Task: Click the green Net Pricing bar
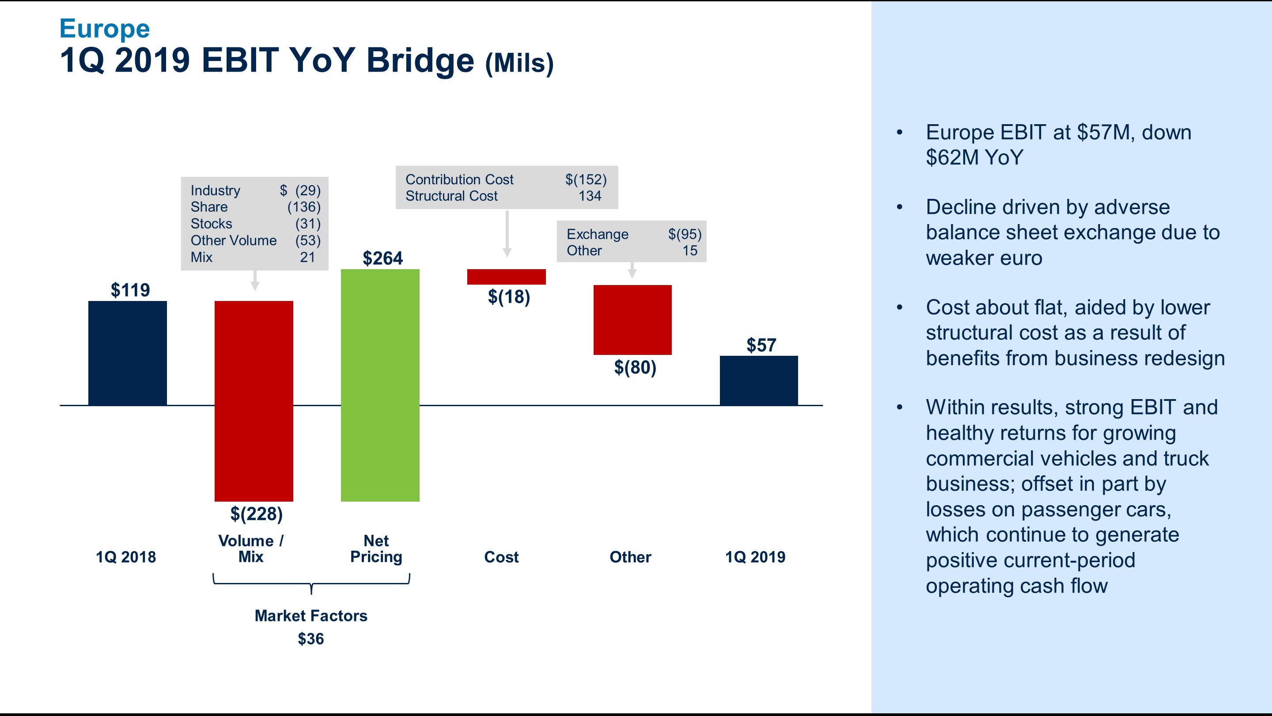pos(380,385)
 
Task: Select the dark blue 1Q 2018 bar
pos(127,353)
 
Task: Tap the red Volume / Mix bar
pos(254,401)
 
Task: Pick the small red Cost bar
pos(506,277)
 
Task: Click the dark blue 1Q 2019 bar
pos(758,380)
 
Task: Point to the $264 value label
pos(382,258)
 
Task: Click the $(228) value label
pos(256,514)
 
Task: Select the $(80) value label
pos(635,367)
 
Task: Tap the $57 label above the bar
pos(761,345)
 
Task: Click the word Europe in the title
pos(104,29)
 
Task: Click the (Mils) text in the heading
pos(519,63)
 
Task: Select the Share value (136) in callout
pos(304,207)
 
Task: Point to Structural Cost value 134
pos(590,196)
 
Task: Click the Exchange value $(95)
pos(685,234)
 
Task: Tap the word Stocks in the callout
pos(212,224)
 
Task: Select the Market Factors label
pos(310,616)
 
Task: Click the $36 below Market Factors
pos(310,639)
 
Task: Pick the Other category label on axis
pos(630,557)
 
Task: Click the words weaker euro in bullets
pos(984,258)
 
